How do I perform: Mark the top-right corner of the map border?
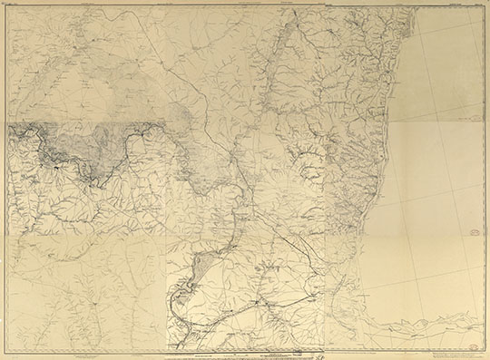[483, 8]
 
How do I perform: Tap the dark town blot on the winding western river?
[57, 168]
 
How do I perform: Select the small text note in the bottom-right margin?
[458, 355]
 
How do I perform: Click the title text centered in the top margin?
[245, 5]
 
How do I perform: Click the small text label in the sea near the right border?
[467, 118]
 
